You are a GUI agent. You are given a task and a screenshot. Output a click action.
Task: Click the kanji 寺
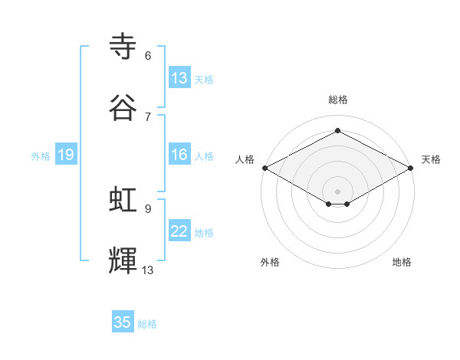pos(124,47)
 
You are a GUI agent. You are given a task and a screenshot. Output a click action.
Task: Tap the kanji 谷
pos(124,108)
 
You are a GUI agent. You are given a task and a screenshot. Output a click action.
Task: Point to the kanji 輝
pos(124,260)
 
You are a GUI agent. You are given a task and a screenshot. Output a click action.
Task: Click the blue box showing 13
pos(179,77)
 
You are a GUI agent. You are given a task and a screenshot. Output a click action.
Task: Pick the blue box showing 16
pos(179,155)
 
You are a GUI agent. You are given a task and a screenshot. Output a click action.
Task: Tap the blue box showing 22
pos(179,232)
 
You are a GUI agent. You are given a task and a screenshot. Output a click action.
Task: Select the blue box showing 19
pos(65,155)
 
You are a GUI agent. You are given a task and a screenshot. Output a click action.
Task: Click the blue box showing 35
pos(123,322)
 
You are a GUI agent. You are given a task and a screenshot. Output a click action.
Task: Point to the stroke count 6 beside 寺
pos(148,56)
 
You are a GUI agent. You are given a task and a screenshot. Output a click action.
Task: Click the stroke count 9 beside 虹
pos(148,208)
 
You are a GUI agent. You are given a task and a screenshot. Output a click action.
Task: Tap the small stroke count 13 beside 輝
pos(148,270)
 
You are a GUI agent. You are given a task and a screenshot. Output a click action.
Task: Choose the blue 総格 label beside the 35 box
pos(147,324)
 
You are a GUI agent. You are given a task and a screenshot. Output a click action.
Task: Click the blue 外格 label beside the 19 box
pos(41,156)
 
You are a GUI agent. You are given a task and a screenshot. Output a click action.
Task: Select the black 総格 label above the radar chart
pos(337,100)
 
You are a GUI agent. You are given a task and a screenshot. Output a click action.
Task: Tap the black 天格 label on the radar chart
pos(431,159)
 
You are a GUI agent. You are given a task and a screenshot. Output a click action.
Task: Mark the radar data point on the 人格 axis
pos(264,168)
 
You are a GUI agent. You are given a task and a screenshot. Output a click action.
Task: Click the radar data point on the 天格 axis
pos(412,168)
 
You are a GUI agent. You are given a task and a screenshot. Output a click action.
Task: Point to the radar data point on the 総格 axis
pos(337,130)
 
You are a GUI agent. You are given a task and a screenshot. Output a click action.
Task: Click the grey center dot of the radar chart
pos(337,190)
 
